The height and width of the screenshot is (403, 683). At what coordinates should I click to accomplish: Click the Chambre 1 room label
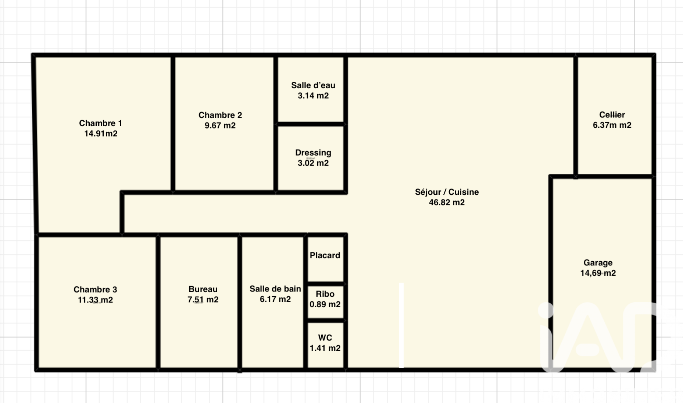[100, 123]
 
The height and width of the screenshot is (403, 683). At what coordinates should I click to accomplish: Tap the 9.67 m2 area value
[220, 126]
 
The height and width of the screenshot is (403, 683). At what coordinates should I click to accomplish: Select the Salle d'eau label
[313, 85]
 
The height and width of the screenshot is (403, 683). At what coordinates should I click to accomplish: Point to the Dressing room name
[313, 153]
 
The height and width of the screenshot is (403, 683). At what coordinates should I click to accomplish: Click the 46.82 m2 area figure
[447, 202]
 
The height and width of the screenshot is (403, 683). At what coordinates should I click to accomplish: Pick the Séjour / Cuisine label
[447, 192]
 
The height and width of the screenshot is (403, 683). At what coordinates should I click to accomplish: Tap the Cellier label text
[612, 115]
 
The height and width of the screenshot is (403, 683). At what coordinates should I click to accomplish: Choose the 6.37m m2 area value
[612, 125]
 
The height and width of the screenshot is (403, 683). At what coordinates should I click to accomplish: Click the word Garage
[598, 263]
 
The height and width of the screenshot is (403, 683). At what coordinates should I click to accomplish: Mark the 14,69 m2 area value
[598, 273]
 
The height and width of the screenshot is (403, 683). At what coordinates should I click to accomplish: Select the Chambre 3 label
[95, 290]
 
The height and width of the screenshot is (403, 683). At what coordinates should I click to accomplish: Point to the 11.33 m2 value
[95, 300]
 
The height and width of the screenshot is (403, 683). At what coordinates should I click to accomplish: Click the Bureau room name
[203, 289]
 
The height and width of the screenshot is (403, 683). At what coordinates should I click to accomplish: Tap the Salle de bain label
[275, 289]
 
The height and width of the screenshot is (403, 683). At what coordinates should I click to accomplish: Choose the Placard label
[325, 255]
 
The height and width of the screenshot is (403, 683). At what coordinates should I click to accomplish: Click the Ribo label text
[325, 294]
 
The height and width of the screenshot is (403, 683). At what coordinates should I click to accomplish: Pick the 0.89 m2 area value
[325, 304]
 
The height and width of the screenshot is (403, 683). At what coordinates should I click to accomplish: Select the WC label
[325, 338]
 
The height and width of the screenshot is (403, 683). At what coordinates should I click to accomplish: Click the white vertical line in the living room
[401, 325]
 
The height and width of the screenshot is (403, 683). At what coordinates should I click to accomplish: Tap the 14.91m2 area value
[101, 134]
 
